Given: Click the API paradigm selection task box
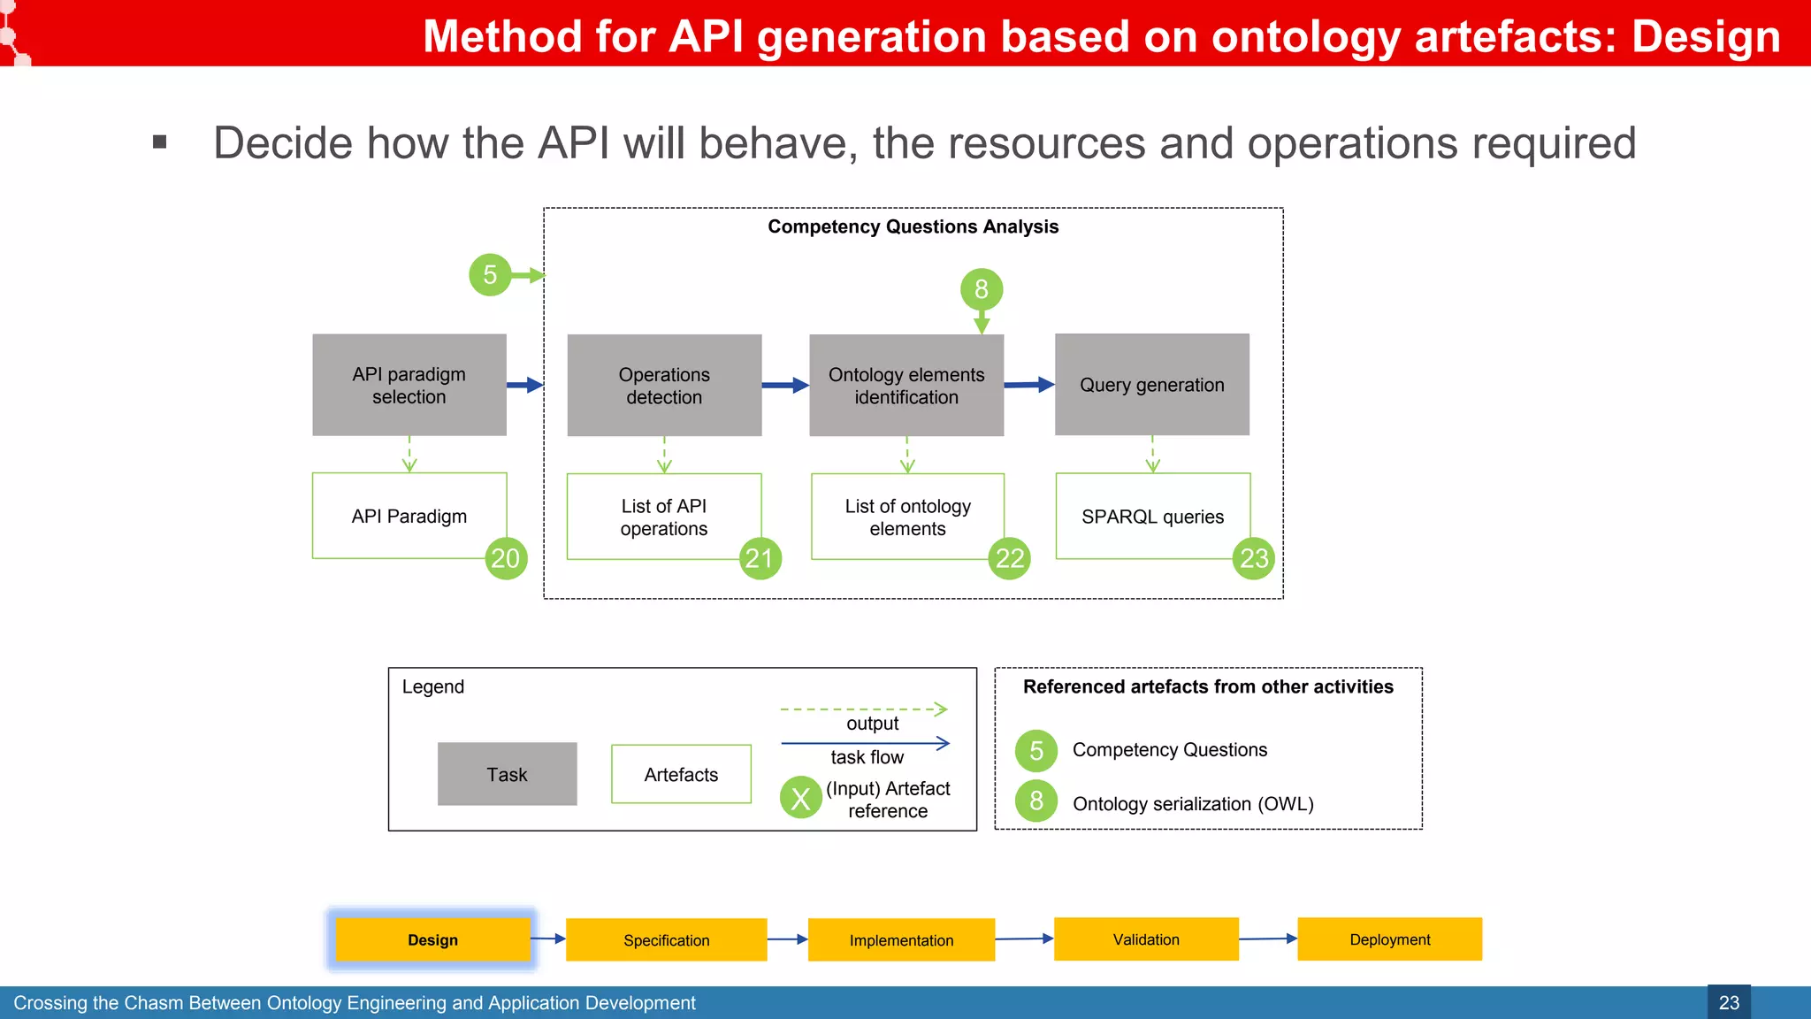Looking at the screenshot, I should [409, 385].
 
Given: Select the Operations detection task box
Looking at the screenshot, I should [664, 385].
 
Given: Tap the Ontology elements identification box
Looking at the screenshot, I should [906, 385].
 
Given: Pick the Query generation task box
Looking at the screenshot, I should [1151, 385].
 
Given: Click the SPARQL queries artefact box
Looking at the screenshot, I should [1152, 516].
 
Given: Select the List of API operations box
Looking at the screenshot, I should [663, 517].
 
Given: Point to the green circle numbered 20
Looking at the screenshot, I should [506, 558].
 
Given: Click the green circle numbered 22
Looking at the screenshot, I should [1009, 558].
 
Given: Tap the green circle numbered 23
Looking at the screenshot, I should [1253, 558].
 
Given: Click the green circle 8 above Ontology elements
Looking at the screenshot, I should [981, 289].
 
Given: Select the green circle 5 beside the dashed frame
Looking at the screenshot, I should [490, 274].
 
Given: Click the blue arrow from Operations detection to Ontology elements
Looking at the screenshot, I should [785, 385].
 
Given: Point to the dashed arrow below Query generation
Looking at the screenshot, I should [1152, 454].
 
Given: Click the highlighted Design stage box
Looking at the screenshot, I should [432, 939].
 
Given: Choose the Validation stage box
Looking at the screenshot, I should [1146, 939].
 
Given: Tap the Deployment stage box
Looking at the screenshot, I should [1389, 939].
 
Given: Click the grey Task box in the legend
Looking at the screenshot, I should [507, 774].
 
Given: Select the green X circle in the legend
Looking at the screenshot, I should [800, 798].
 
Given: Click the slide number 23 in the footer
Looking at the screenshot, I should [1728, 1002].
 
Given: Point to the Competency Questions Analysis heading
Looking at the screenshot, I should [913, 226].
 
